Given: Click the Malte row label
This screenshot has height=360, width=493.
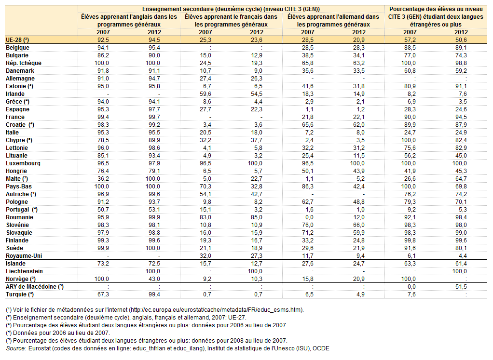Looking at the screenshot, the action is coord(17,179).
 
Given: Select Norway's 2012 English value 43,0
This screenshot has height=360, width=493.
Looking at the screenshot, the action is coord(154,279).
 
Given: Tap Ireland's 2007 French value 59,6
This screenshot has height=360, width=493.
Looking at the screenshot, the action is coord(205,94).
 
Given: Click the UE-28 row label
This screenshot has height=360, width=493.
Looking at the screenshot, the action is coord(17,40).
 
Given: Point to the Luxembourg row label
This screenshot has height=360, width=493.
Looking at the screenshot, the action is coord(23,163).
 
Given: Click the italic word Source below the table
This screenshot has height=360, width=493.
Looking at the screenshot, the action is coord(16,348).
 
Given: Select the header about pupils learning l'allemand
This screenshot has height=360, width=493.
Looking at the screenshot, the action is coord(333,20).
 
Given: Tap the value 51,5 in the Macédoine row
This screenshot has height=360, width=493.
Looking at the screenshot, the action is coord(461,286).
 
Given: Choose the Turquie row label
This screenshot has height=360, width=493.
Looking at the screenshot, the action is coord(20,294).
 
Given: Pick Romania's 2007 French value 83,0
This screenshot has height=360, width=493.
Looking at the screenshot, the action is coord(205,217).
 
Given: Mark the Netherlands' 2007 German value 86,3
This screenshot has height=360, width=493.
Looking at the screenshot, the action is coord(307,187).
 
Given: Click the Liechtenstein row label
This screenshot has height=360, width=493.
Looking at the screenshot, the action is coord(24,271).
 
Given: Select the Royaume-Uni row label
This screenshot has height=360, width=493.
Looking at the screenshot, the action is coord(24,256).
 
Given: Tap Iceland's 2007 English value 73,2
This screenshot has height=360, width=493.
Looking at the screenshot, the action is coord(103,264).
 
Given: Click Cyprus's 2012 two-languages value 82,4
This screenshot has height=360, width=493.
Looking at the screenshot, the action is coord(461,140).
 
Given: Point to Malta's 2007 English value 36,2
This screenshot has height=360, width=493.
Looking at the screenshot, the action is coord(103,179).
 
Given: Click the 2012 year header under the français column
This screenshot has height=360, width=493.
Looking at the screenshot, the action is coord(257,32).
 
